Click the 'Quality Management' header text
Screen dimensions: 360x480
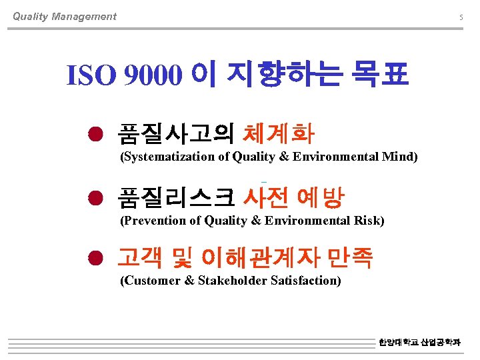click(x=64, y=17)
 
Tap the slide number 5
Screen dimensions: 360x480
click(x=461, y=17)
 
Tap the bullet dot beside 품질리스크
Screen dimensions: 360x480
click(x=97, y=198)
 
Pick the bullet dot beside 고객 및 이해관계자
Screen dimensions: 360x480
click(x=97, y=258)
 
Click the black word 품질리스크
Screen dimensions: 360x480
click(x=175, y=197)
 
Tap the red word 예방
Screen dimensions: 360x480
click(x=321, y=197)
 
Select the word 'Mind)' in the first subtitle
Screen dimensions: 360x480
click(x=400, y=157)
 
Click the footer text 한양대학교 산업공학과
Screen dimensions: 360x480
click(x=419, y=342)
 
